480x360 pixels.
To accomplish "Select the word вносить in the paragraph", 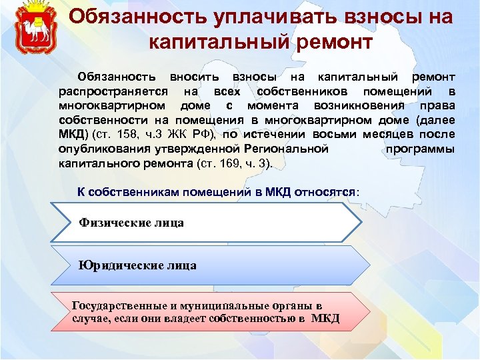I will (193, 78).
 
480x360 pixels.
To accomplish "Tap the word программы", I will (421, 149).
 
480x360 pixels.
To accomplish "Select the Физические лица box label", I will (131, 223).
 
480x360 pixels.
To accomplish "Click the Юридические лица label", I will (137, 265).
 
